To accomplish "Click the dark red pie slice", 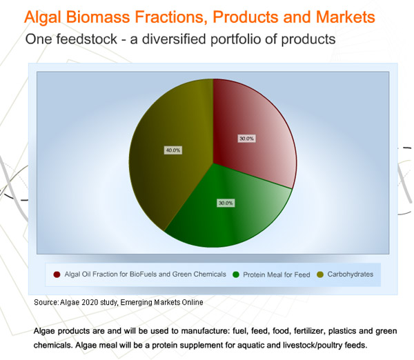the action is click(x=251, y=132).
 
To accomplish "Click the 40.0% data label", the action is click(x=173, y=150).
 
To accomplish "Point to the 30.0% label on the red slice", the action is click(x=246, y=139).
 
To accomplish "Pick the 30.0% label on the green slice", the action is click(x=226, y=203).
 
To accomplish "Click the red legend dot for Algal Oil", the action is click(x=57, y=274).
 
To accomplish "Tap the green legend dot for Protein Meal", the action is click(x=236, y=274).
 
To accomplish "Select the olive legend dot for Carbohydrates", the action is click(x=320, y=274).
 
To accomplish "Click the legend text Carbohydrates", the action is click(x=351, y=274).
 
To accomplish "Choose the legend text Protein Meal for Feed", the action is click(x=277, y=274).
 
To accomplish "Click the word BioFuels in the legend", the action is click(x=143, y=274).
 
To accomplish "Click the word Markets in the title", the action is click(x=346, y=17).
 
